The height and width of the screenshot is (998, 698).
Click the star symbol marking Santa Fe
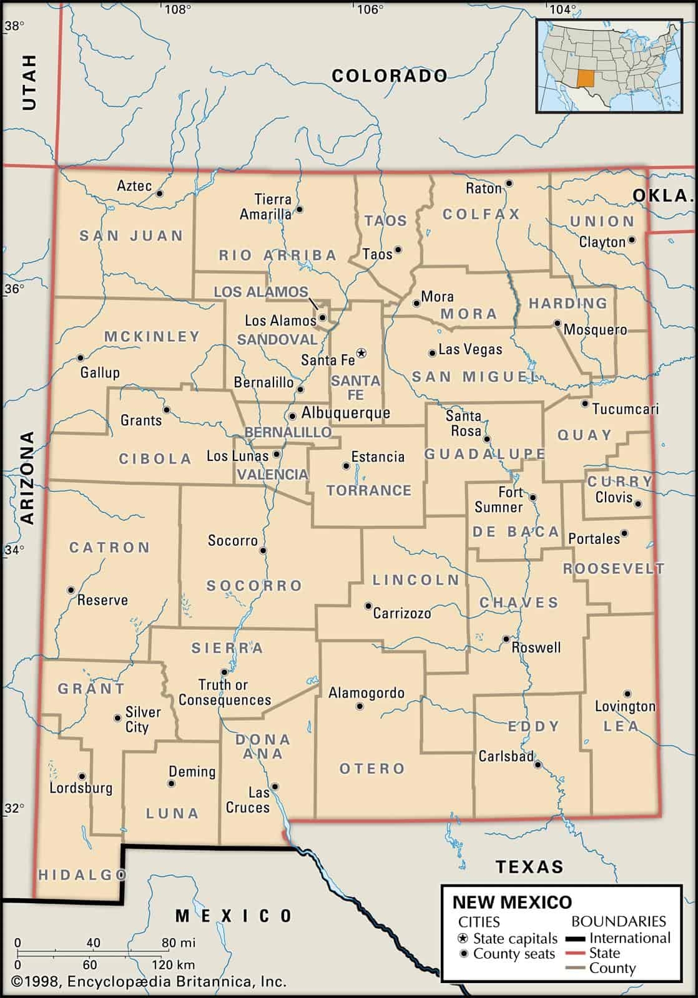coord(361,353)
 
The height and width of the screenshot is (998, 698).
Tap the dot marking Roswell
coord(506,639)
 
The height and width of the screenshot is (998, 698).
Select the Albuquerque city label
coord(345,413)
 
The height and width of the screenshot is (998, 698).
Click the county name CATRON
coord(110,548)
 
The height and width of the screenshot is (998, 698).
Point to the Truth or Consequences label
coord(225,692)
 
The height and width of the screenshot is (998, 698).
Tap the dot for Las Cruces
coord(274,787)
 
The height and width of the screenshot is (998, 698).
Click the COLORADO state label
coord(390,76)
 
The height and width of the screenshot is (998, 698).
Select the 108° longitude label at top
coord(177,9)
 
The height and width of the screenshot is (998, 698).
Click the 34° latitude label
coord(14,550)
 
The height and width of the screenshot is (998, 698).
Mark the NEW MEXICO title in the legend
coord(511,902)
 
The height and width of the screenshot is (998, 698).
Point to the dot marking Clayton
coord(632,240)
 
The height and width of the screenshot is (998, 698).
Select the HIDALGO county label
coord(82,875)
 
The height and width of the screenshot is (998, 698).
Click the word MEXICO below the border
coord(233,916)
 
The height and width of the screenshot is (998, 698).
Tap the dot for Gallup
coord(80,358)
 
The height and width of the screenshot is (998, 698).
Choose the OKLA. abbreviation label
coord(663,195)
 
